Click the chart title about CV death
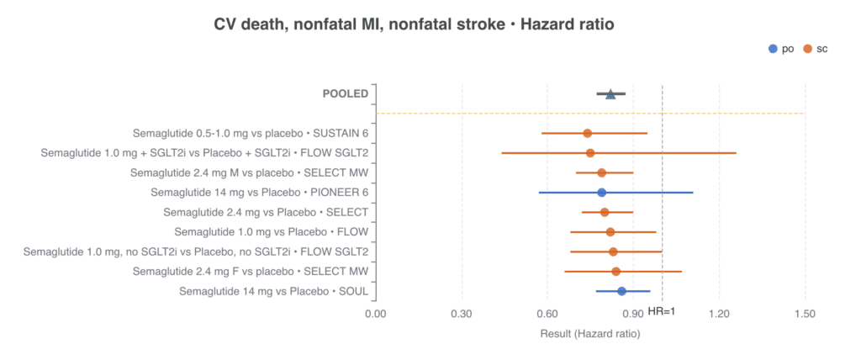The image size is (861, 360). click(414, 24)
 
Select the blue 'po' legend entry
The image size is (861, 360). click(781, 49)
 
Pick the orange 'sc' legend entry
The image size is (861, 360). click(814, 49)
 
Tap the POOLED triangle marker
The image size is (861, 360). click(610, 94)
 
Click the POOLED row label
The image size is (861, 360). click(345, 93)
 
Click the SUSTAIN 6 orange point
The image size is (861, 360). click(588, 133)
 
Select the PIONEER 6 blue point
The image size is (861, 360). click(602, 193)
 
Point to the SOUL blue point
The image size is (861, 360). click(621, 291)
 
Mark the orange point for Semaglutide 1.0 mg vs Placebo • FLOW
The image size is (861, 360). click(610, 232)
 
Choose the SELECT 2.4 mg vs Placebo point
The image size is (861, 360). click(605, 212)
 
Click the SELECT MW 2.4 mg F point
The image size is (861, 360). click(616, 272)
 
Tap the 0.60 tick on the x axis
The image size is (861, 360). click(547, 314)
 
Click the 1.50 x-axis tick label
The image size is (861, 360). click(806, 314)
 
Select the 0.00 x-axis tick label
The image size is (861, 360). click(376, 314)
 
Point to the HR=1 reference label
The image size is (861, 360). click(662, 311)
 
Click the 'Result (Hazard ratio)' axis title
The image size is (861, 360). click(590, 334)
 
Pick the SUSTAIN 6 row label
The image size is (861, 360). click(251, 134)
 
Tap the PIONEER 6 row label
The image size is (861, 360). click(259, 193)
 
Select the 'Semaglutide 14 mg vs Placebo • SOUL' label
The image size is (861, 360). click(273, 292)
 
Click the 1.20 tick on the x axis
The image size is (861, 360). click(720, 314)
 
